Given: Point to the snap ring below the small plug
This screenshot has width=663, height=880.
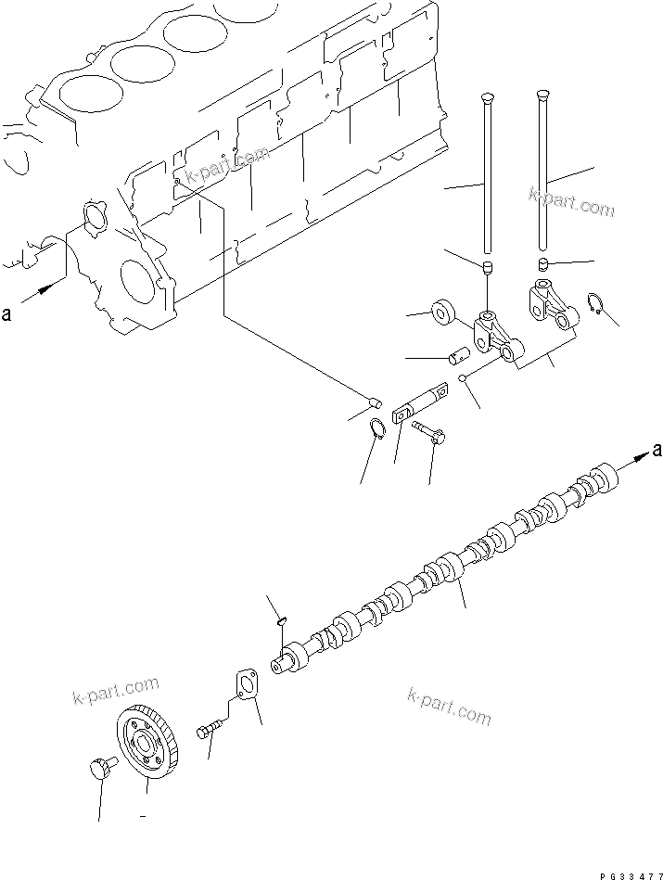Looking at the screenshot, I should point(376,429).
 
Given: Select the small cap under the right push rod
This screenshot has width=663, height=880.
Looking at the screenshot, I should point(543,263).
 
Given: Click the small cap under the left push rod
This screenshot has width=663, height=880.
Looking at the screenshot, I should point(487,269).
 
